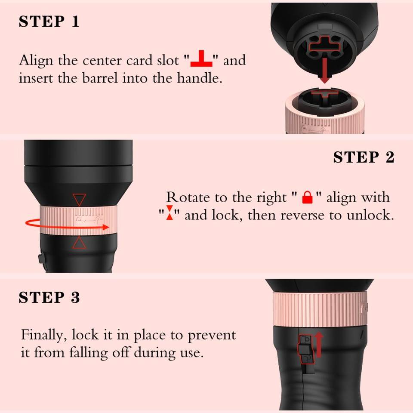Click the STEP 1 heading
tap(49, 22)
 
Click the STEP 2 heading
tap(364, 157)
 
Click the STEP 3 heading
tap(49, 297)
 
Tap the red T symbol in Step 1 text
tap(201, 59)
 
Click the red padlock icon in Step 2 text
tap(307, 197)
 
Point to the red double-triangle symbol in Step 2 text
tap(170, 212)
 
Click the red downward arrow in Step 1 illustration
tap(325, 70)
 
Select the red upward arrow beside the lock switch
tap(319, 344)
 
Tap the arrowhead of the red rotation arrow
tap(106, 227)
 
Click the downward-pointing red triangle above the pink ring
tap(79, 200)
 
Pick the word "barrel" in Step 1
tap(100, 78)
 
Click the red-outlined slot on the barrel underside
tap(324, 44)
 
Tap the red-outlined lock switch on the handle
tap(305, 349)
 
